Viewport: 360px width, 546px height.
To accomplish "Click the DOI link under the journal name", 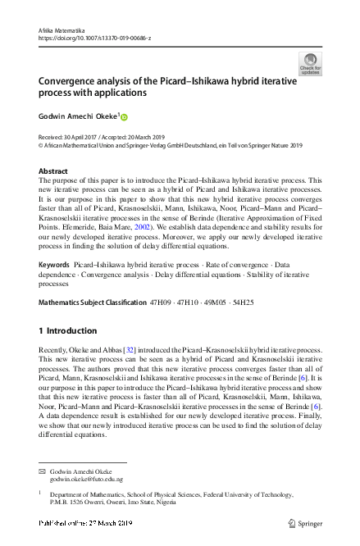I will (x=93, y=37).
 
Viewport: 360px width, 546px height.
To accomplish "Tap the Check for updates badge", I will (x=310, y=63).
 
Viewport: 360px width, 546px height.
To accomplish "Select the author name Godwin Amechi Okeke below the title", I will (x=79, y=116).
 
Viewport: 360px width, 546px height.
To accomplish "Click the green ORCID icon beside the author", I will (x=125, y=117).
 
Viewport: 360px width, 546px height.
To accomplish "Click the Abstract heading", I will (x=54, y=171).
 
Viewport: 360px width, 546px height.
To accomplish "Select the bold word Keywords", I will (x=54, y=267).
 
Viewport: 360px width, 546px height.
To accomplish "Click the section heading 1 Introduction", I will (x=68, y=331).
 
